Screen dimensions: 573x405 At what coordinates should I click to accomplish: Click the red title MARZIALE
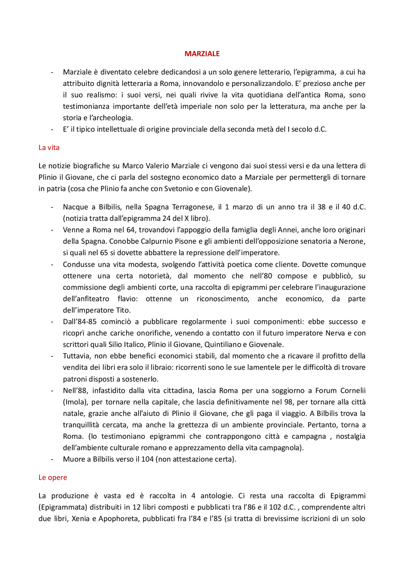tap(202, 54)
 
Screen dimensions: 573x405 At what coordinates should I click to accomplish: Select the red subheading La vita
tap(49, 148)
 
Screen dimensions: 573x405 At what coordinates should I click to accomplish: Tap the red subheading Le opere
tap(53, 478)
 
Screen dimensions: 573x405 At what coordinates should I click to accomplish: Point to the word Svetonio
tap(178, 189)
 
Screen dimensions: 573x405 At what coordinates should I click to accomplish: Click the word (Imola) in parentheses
tap(75, 402)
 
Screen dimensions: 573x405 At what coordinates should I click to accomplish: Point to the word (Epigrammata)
tap(63, 507)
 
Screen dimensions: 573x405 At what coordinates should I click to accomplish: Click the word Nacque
tap(75, 207)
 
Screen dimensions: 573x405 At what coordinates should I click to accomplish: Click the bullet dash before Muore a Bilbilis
tap(52, 460)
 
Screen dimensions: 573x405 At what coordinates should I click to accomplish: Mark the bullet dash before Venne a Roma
tap(52, 230)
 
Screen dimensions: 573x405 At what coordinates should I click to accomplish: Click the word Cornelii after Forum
tap(352, 391)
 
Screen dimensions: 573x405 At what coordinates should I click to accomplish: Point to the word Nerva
tap(335, 333)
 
